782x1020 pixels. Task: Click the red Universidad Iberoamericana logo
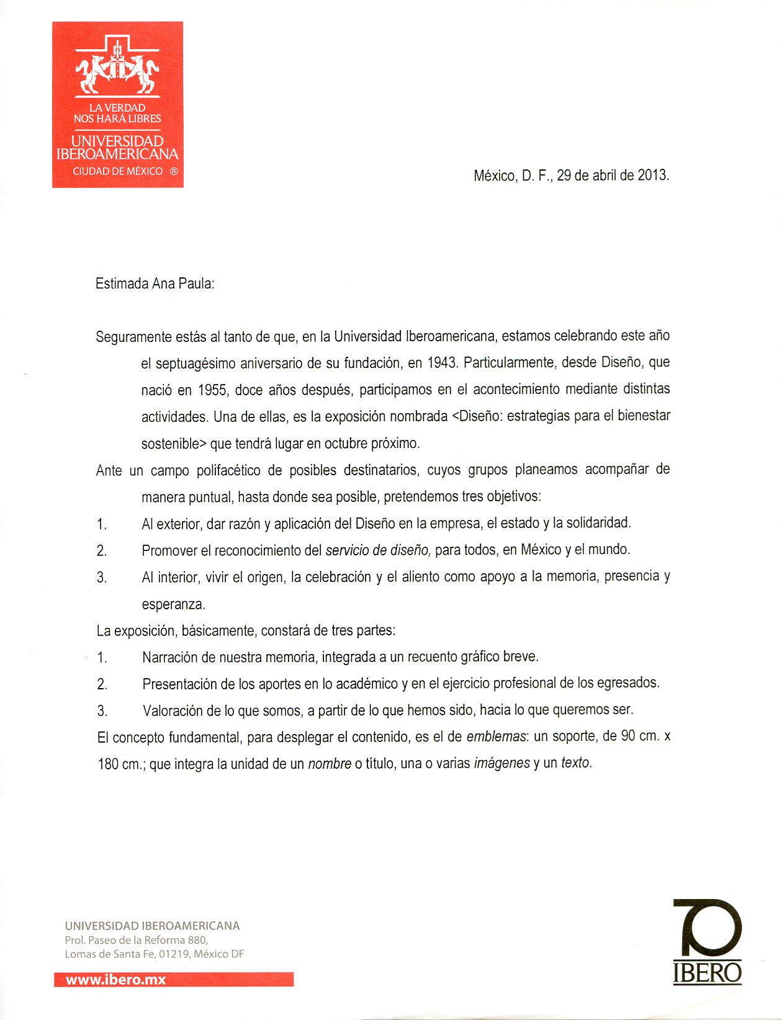(x=118, y=104)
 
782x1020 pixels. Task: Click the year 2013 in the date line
(x=652, y=175)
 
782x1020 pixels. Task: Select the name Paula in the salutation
(x=196, y=284)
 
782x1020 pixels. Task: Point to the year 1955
(x=212, y=390)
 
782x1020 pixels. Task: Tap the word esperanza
(x=173, y=604)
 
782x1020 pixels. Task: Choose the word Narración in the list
(x=169, y=658)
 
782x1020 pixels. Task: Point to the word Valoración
(x=172, y=711)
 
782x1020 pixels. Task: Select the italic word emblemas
(x=496, y=737)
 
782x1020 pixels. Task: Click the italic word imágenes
(x=501, y=764)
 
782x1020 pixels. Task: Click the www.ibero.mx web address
(x=116, y=980)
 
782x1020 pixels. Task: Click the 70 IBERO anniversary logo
(x=708, y=941)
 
